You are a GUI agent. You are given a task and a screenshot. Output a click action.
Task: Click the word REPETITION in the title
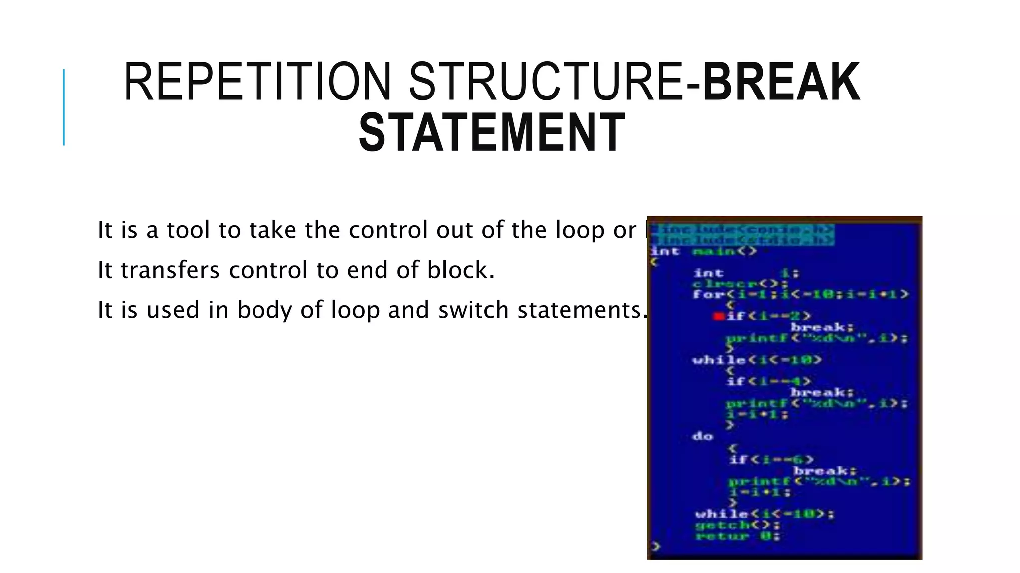[257, 82]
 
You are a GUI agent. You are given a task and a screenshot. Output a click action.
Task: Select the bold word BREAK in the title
[781, 82]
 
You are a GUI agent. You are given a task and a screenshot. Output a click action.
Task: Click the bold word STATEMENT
[492, 133]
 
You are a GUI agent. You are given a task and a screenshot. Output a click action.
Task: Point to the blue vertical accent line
[64, 107]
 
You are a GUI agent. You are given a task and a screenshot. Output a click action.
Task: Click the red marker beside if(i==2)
[718, 316]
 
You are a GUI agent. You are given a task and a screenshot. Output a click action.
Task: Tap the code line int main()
[704, 251]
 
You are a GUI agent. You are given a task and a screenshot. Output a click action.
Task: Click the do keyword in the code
[703, 436]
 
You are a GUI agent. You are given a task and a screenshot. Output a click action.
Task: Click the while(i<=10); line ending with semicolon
[765, 514]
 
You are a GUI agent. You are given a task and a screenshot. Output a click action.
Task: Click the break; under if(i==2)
[822, 327]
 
